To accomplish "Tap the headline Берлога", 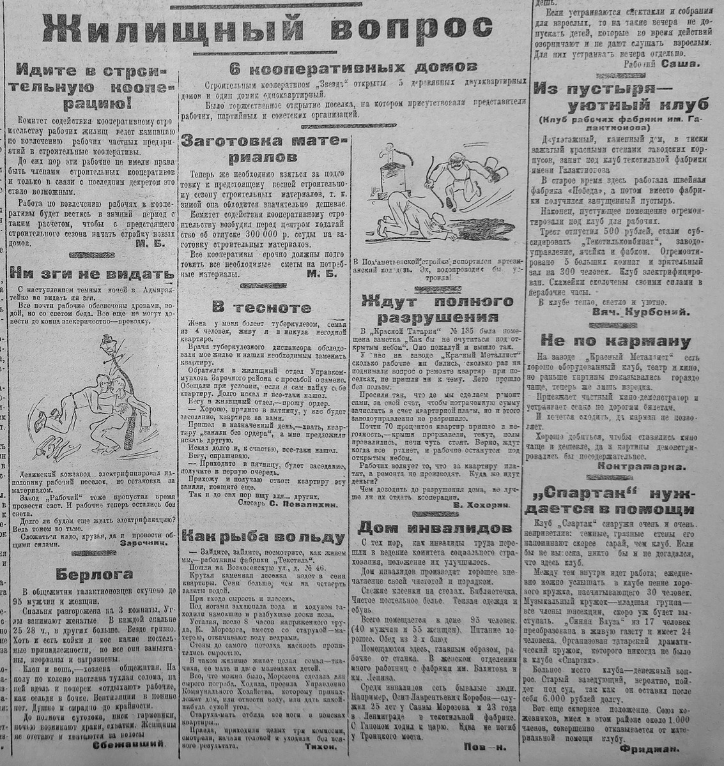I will click(x=93, y=572).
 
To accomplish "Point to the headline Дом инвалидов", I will click(x=435, y=527).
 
